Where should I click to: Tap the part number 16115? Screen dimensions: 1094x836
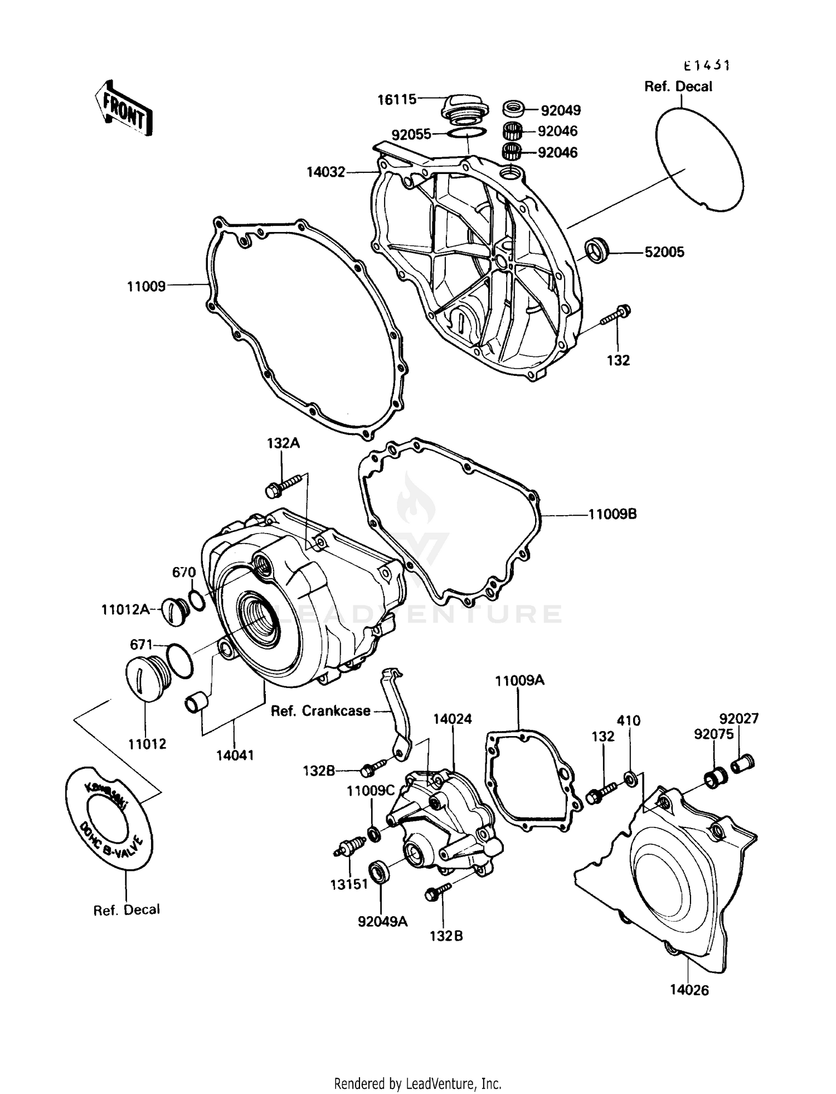(397, 99)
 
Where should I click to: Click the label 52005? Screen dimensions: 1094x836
(664, 252)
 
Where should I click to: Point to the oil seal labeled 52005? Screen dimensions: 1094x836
(597, 250)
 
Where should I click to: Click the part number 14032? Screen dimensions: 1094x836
(326, 172)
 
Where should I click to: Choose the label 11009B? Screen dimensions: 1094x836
(613, 514)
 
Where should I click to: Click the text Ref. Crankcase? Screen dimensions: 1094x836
(320, 711)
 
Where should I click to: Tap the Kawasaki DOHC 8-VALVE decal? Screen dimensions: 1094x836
(109, 818)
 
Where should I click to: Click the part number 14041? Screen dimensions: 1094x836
(235, 755)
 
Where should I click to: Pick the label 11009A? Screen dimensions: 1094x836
(519, 680)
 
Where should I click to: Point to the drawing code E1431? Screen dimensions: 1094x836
(707, 66)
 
